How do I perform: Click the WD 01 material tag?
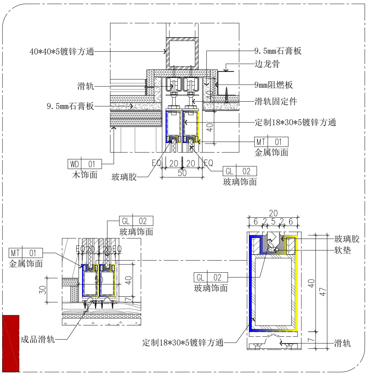tap(84, 164)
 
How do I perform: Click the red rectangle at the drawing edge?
tap(13, 342)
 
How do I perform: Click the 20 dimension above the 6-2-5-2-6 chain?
tap(273, 213)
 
